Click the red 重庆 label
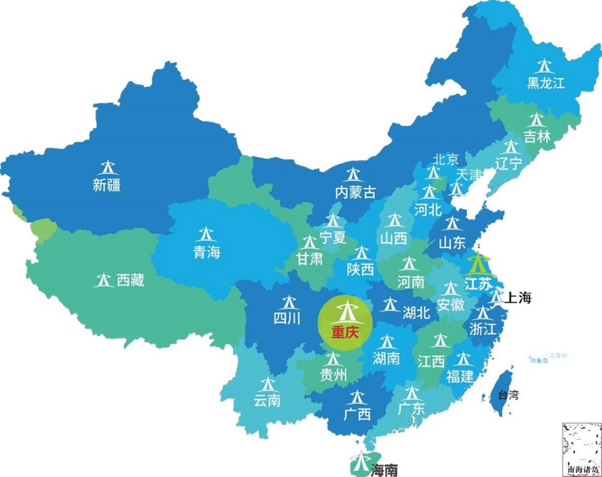click(x=344, y=333)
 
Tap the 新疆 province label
click(x=107, y=184)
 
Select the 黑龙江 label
click(x=546, y=83)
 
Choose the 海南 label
click(x=384, y=470)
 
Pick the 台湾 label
click(x=508, y=395)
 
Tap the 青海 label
click(x=206, y=252)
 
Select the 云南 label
click(x=267, y=400)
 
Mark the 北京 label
click(x=446, y=160)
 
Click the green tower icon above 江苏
click(x=479, y=263)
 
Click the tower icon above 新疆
click(x=107, y=167)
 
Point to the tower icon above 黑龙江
click(x=544, y=66)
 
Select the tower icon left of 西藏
click(x=104, y=279)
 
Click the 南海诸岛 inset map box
click(x=582, y=449)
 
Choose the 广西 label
click(x=357, y=414)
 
